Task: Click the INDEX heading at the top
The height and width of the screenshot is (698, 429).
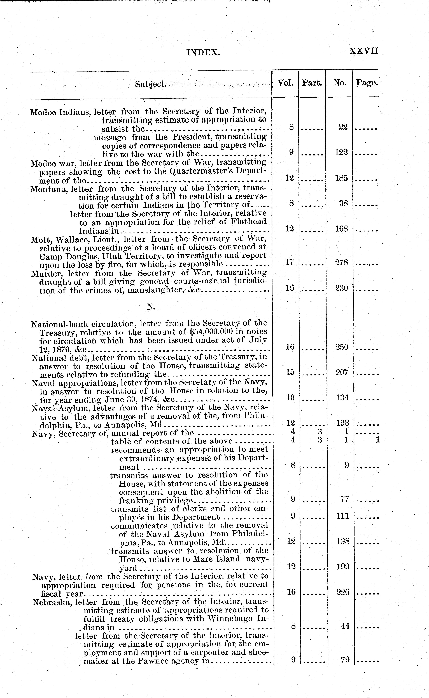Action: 203,52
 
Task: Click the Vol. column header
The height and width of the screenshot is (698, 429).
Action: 285,83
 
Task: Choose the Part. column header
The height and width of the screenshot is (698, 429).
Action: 312,83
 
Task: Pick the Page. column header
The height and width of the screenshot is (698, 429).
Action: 367,83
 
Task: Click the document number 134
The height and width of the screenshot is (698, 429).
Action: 342,398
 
